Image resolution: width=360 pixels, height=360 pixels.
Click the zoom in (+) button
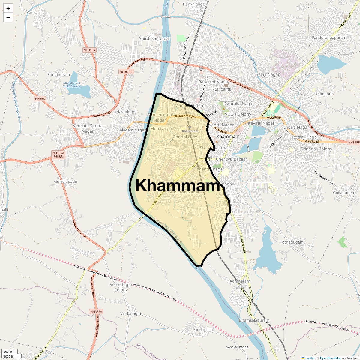tap(8, 9)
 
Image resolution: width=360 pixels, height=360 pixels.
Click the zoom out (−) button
tap(8, 18)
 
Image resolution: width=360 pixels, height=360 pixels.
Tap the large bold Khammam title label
tap(178, 186)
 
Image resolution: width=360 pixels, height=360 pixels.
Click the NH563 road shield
tap(40, 99)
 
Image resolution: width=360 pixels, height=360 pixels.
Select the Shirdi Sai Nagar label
tap(154, 38)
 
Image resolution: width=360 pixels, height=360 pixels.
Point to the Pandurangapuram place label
tap(329, 37)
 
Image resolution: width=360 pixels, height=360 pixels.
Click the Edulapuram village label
tap(58, 75)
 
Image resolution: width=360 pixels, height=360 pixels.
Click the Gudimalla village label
tap(203, 329)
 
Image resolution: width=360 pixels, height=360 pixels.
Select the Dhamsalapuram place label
tap(254, 320)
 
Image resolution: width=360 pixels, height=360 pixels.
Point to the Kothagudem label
tap(292, 242)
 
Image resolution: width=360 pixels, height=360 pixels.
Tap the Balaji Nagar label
tap(268, 74)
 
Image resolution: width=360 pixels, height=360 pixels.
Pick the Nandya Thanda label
tap(237, 347)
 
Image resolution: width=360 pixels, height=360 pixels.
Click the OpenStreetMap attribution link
tap(331, 358)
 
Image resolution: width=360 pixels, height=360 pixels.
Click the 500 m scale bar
tap(8, 352)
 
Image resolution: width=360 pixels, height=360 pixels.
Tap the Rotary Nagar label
tap(305, 137)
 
